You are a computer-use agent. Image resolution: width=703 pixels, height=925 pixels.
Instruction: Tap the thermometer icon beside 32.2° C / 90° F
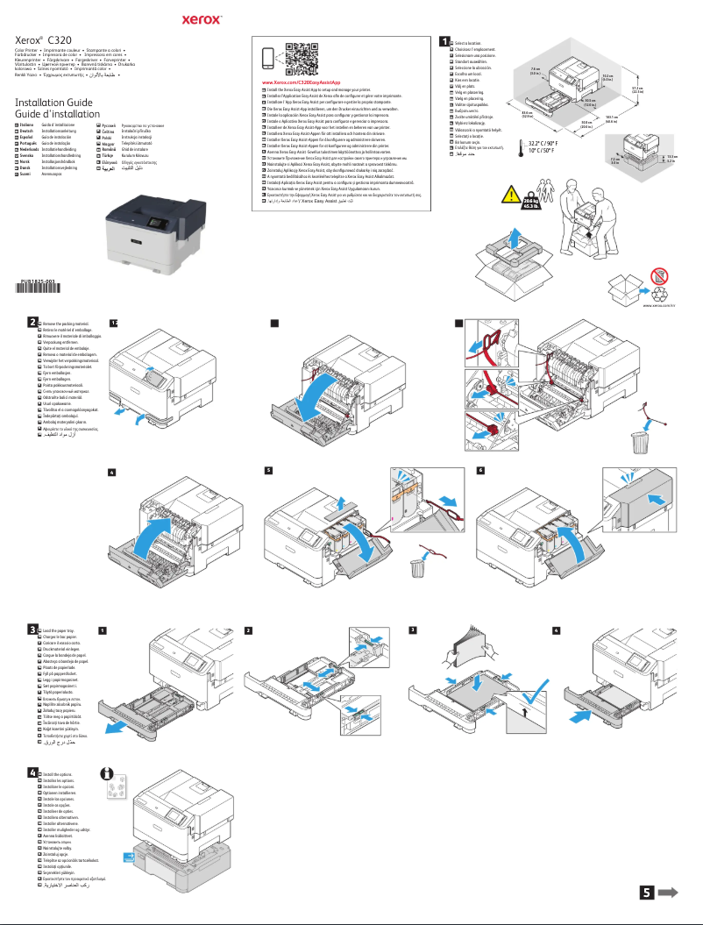[522, 148]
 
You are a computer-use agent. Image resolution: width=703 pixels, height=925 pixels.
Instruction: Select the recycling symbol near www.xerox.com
[669, 285]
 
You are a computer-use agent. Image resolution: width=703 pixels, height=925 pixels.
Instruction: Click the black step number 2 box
[32, 322]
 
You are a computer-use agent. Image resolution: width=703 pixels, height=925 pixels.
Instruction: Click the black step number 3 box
[32, 629]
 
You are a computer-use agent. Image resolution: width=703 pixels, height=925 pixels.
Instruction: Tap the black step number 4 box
[32, 772]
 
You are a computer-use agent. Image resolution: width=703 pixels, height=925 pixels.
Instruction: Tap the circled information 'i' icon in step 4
[108, 776]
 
